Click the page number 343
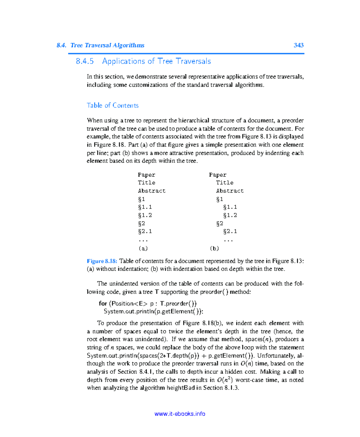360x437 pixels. click(298, 45)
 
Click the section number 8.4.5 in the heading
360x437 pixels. click(85, 61)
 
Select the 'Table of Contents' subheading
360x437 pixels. click(112, 106)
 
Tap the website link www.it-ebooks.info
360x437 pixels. click(180, 414)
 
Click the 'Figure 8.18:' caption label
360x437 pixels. click(102, 261)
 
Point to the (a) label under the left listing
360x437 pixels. click(143, 248)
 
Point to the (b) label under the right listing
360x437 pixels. click(214, 248)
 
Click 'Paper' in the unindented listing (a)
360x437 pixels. click(146, 175)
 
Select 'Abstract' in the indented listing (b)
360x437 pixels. click(230, 191)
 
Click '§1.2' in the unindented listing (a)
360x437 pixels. click(145, 215)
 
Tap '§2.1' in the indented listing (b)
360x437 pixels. click(230, 231)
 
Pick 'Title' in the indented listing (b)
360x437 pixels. click(224, 183)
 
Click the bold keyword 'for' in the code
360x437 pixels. click(103, 303)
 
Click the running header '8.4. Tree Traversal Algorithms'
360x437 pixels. click(100, 45)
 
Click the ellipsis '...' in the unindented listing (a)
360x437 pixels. click(143, 240)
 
